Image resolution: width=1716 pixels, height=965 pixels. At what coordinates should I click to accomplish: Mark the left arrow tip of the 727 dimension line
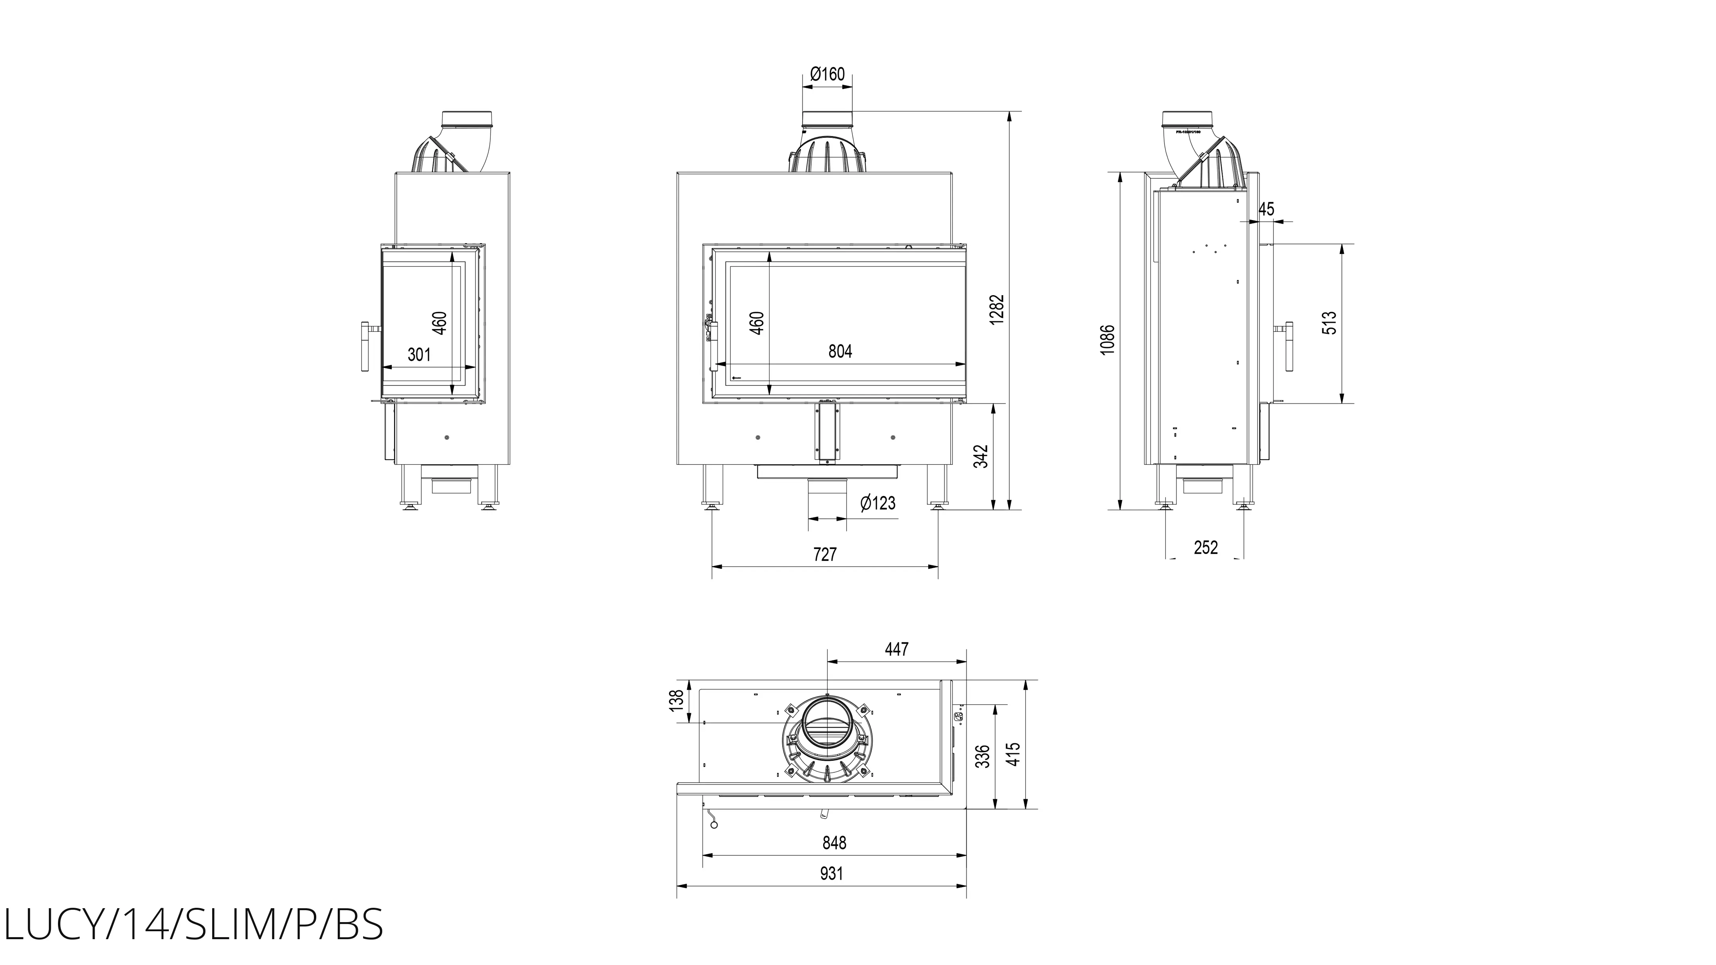(x=713, y=567)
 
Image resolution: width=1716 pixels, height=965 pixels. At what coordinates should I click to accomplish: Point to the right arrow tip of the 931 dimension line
(x=967, y=886)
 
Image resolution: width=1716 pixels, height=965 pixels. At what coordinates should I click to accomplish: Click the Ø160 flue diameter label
(x=827, y=74)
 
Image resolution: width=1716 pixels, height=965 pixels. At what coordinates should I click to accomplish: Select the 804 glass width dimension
(x=840, y=351)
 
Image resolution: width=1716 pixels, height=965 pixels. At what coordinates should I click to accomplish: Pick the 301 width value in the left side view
(x=419, y=354)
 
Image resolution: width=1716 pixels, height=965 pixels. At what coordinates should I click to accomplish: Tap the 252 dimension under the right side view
(x=1206, y=547)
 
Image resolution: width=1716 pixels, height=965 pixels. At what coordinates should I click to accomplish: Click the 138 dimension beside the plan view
(x=677, y=700)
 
